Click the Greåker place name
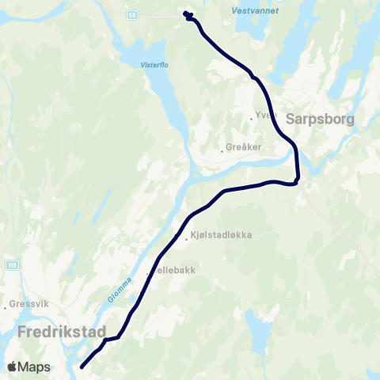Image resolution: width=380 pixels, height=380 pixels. (x=244, y=146)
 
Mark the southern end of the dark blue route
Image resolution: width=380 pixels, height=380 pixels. (x=82, y=367)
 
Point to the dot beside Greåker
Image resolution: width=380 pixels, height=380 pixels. (x=222, y=147)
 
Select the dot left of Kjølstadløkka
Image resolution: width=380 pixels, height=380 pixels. (x=187, y=236)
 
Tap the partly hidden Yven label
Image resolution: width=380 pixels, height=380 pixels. (x=261, y=116)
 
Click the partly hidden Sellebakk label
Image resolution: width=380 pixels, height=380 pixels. (x=174, y=269)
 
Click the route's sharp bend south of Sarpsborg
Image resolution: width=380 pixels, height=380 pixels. (x=297, y=180)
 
